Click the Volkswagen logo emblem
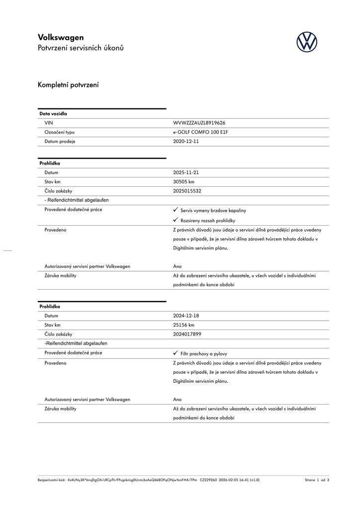point(307,42)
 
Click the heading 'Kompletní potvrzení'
point(68,85)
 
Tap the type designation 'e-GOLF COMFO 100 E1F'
point(200,132)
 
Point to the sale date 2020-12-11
point(186,141)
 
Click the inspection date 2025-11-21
point(186,172)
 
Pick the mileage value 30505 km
point(183,182)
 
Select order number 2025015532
point(187,191)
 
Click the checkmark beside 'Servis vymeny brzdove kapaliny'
point(176,210)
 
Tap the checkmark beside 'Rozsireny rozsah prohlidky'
point(176,220)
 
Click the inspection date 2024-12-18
point(186,316)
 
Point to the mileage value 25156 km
point(183,325)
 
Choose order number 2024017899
point(187,334)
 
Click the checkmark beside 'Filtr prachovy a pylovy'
point(176,353)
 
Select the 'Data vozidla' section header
point(53,114)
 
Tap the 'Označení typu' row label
point(59,132)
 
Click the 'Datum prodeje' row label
point(60,141)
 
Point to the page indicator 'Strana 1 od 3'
point(317,480)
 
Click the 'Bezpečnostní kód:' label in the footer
point(52,480)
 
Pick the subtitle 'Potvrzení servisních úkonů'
point(81,48)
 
